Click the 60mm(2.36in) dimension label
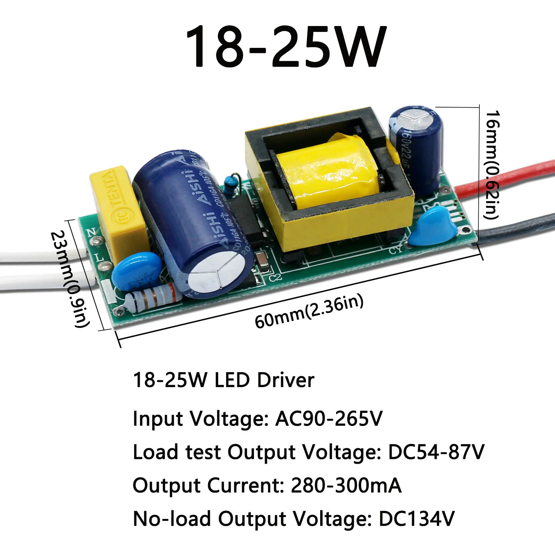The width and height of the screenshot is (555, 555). pyautogui.click(x=309, y=311)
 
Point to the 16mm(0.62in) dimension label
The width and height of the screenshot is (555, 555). pyautogui.click(x=492, y=165)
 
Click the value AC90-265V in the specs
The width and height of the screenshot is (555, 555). pyautogui.click(x=328, y=418)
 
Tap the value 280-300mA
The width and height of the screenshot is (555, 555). pyautogui.click(x=346, y=485)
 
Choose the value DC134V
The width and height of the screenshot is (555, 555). pyautogui.click(x=416, y=519)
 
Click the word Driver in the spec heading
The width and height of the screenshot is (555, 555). pyautogui.click(x=285, y=380)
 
